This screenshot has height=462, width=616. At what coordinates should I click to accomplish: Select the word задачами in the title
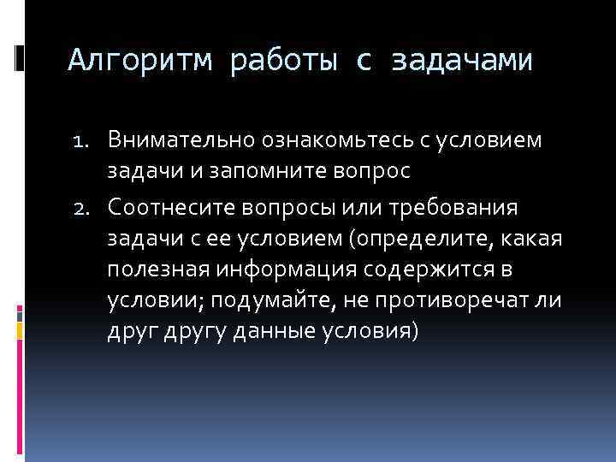462,61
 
